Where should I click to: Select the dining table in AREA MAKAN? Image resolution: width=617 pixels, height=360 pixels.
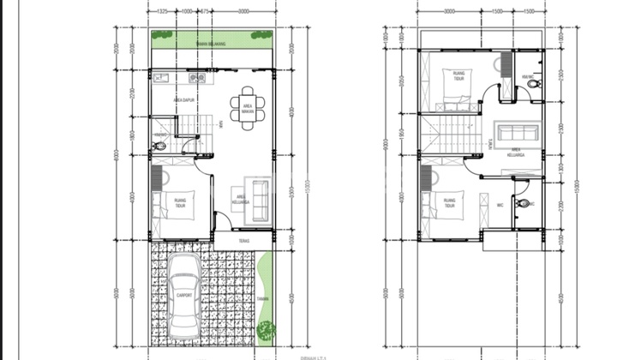coord(247,108)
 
